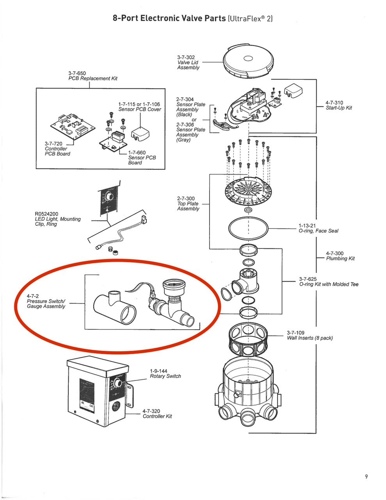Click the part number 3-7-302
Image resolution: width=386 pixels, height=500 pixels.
(x=186, y=57)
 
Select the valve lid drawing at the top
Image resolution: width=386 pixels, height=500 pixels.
(x=248, y=61)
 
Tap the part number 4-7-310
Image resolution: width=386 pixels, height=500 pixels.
(x=334, y=103)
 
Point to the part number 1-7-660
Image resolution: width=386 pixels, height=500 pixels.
(x=137, y=152)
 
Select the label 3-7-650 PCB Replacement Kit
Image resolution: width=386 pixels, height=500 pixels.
(x=92, y=76)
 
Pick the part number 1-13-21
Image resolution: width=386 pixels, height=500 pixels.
(x=307, y=225)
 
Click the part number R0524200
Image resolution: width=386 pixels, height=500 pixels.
(x=46, y=214)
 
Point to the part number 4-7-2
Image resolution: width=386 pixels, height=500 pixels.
(x=33, y=296)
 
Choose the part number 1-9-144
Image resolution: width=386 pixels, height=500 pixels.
(x=158, y=371)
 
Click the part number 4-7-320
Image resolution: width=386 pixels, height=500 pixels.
(x=151, y=411)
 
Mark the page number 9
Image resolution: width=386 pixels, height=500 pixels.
(x=366, y=476)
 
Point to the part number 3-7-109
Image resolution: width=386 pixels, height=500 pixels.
(x=296, y=333)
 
